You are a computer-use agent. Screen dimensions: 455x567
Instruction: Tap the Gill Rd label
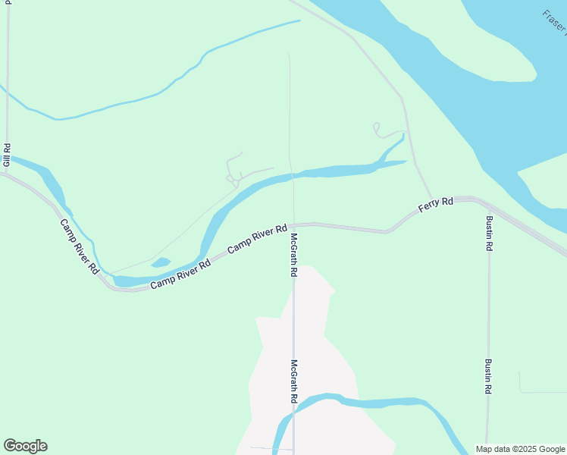click(x=7, y=155)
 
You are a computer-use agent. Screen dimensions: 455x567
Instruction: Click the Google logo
click(x=25, y=445)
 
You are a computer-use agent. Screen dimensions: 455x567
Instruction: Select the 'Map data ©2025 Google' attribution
click(x=520, y=449)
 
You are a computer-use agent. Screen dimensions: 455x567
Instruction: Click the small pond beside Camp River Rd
click(x=161, y=263)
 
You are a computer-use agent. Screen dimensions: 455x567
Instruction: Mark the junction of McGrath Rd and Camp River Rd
click(x=294, y=224)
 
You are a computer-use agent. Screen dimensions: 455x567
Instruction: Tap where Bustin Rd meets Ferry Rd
click(x=487, y=206)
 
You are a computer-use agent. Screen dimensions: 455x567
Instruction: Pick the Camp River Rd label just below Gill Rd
click(x=80, y=246)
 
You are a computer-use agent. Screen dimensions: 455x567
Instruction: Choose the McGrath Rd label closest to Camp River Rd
click(x=293, y=255)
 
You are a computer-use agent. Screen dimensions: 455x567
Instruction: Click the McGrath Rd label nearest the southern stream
click(x=293, y=381)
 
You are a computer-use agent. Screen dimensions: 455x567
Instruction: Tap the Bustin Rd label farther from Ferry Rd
click(x=489, y=376)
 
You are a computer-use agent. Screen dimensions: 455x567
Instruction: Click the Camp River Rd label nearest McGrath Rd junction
click(x=258, y=237)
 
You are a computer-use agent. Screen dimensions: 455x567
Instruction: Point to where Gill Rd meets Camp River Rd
click(x=6, y=174)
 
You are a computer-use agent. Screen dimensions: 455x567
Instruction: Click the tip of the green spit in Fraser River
click(x=535, y=76)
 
